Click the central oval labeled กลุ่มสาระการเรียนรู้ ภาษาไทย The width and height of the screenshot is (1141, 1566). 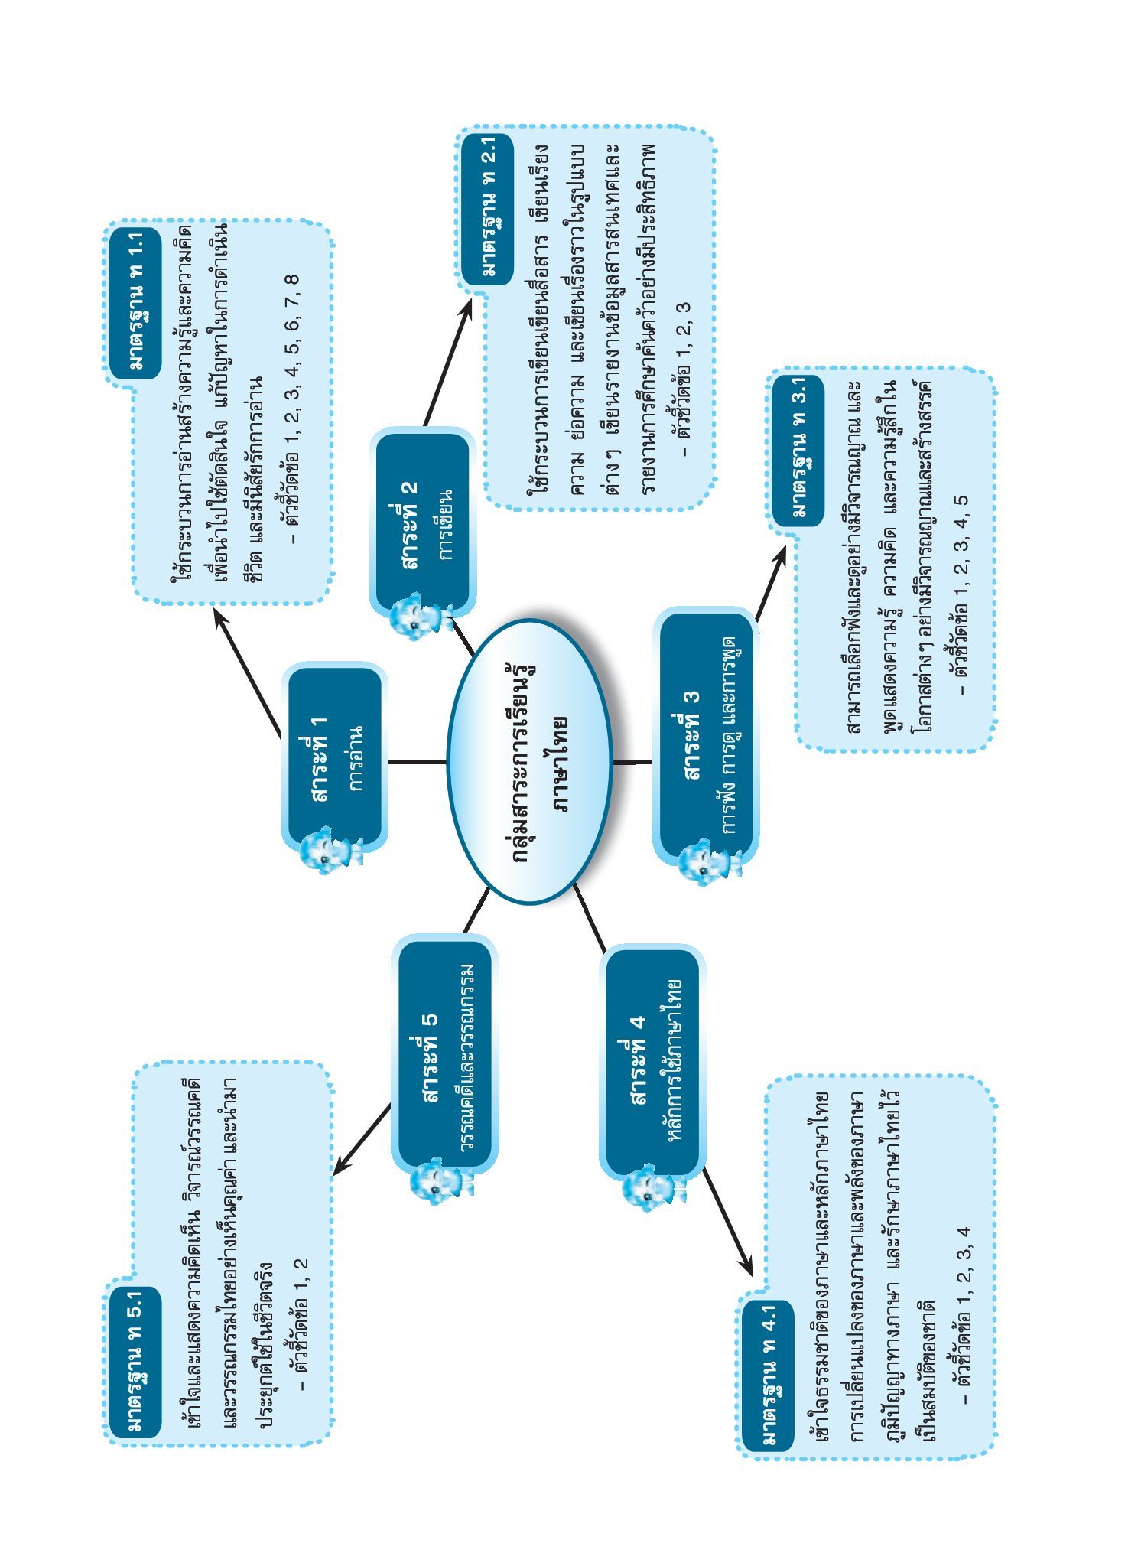pos(529,761)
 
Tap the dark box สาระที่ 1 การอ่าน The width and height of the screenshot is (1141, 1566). pos(335,759)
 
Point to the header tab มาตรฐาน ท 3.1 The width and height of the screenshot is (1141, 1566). pos(798,451)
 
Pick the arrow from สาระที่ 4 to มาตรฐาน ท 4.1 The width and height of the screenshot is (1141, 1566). pos(727,1223)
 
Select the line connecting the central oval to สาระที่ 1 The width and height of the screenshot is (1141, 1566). pos(418,761)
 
